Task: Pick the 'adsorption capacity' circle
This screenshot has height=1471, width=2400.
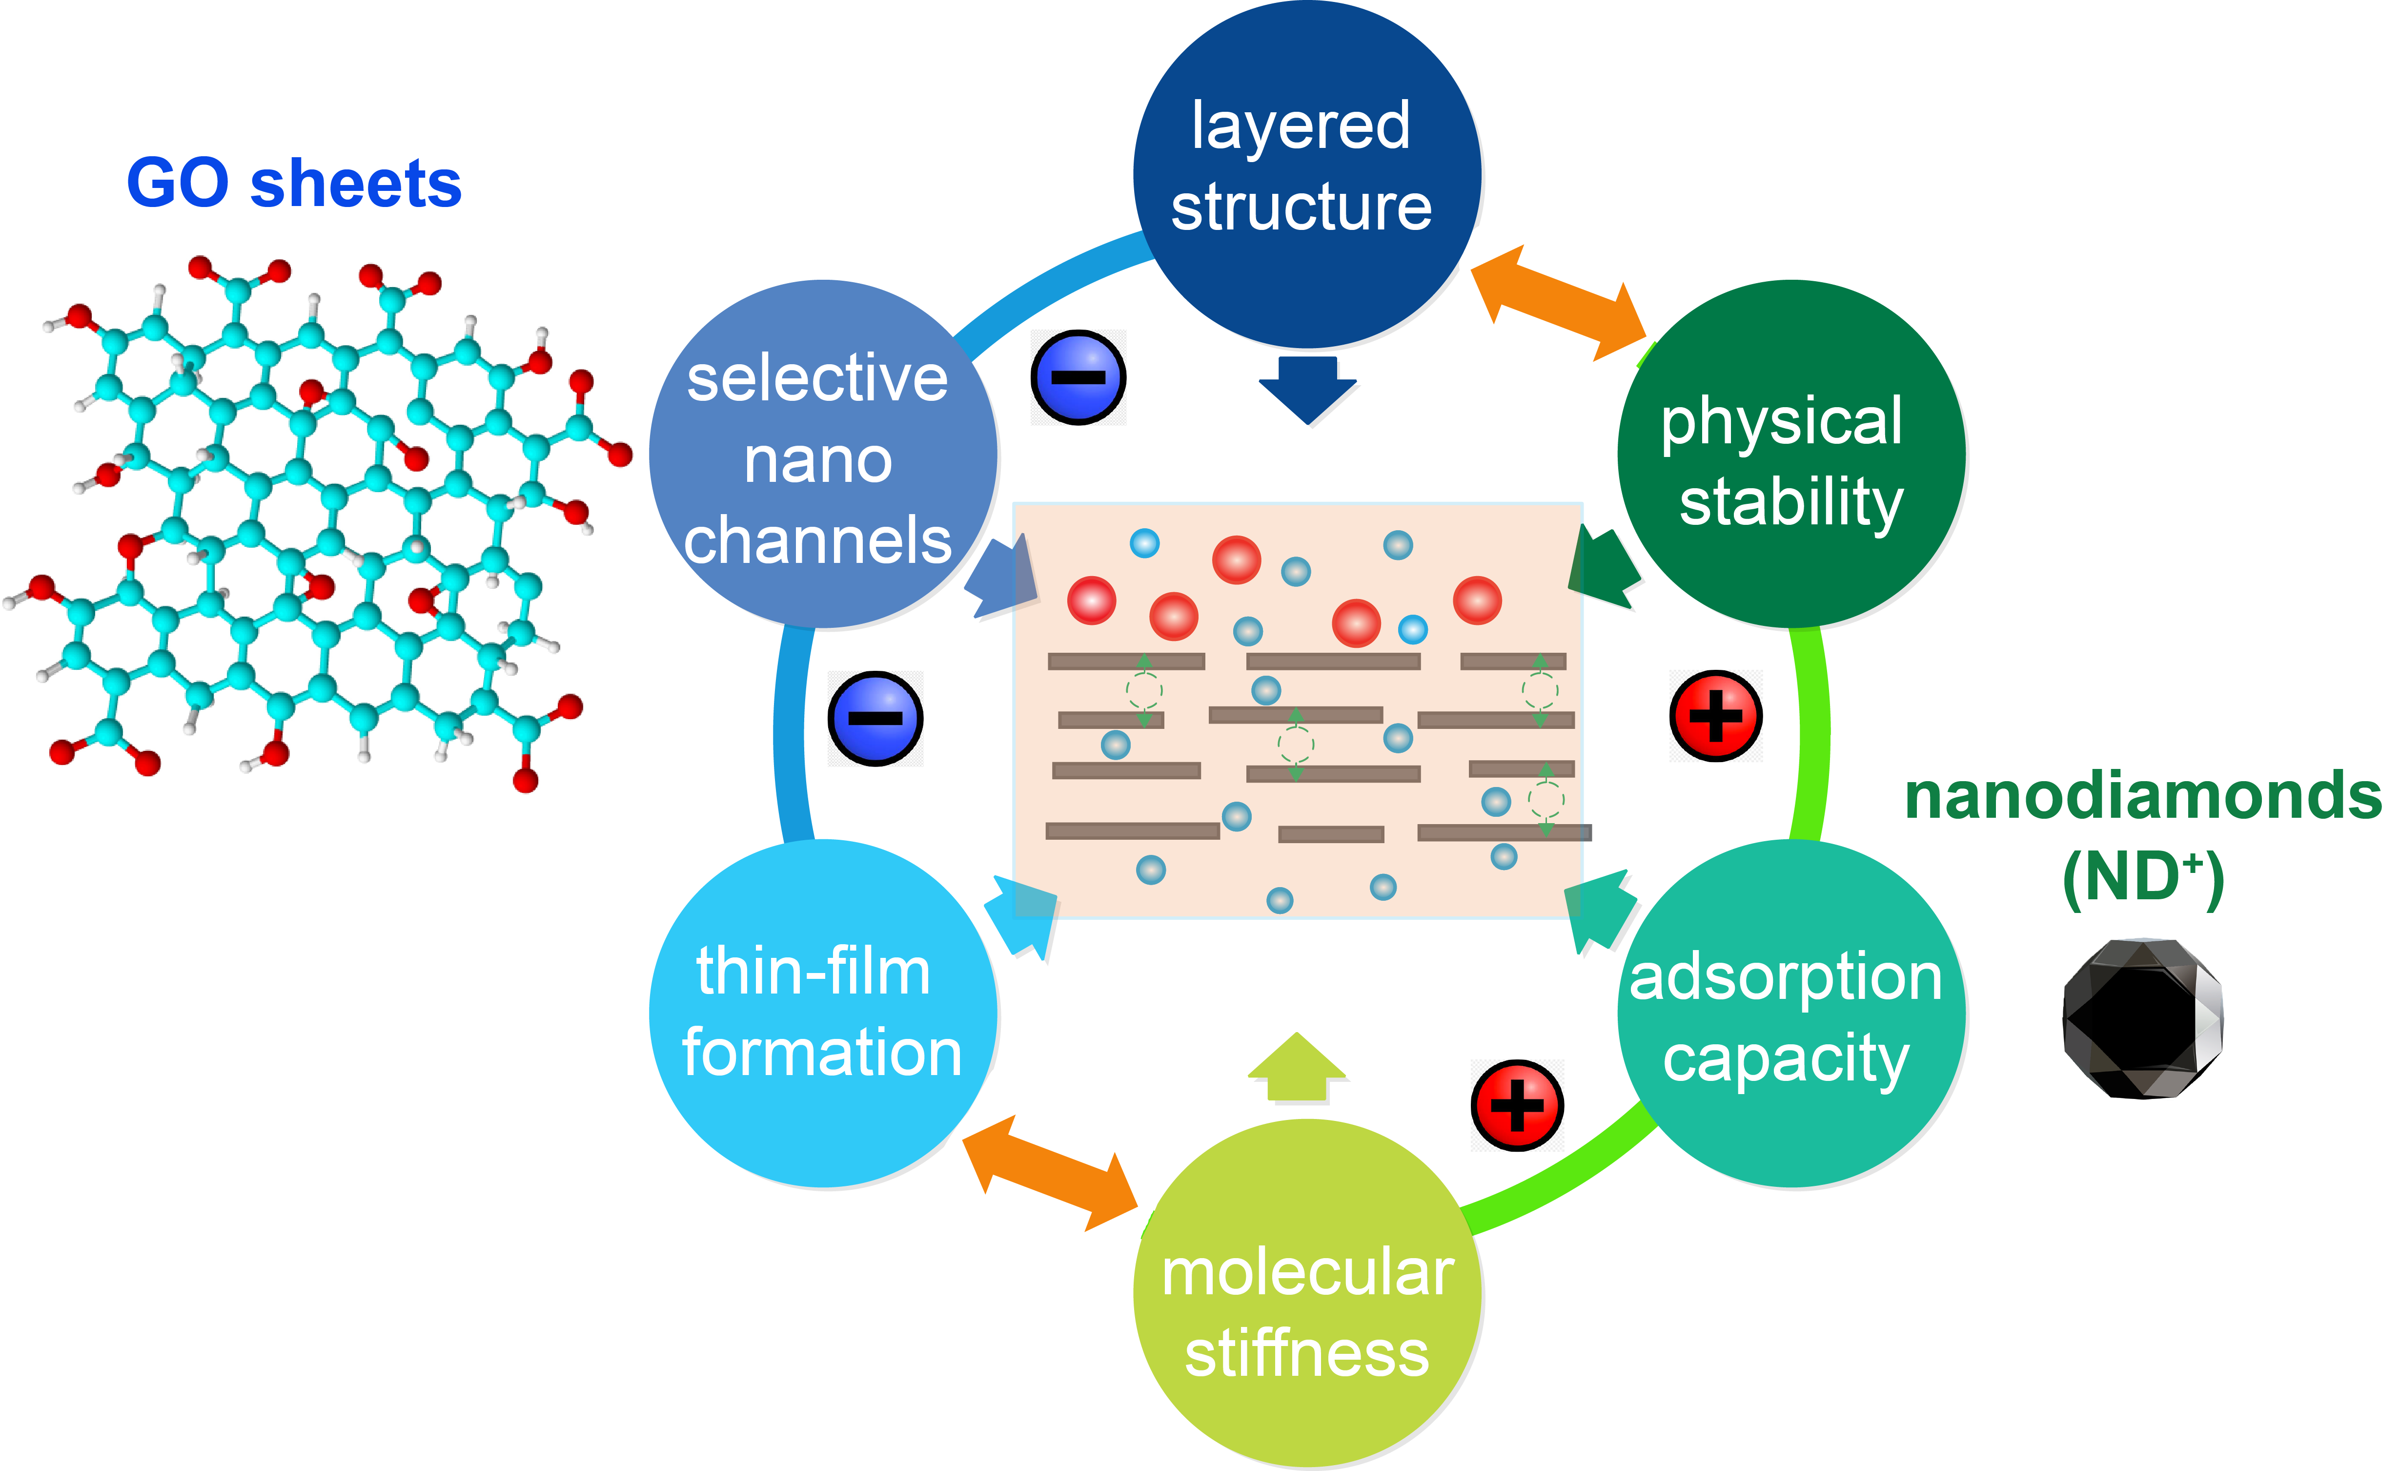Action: [1790, 1013]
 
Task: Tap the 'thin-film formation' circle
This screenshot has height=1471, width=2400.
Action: [823, 1013]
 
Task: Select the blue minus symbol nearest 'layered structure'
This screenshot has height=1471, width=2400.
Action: [1078, 377]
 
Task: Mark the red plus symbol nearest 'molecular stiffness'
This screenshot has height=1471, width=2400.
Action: [1517, 1106]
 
